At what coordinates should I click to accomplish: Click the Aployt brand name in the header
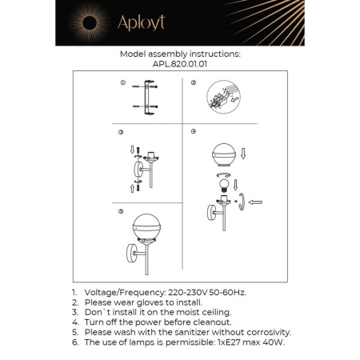pos(141,22)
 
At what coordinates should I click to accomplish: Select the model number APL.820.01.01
pos(179,65)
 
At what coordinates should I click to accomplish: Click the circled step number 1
pos(122,82)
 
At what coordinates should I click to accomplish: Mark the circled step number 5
pos(120,211)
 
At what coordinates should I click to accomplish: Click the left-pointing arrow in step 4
pos(256,204)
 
